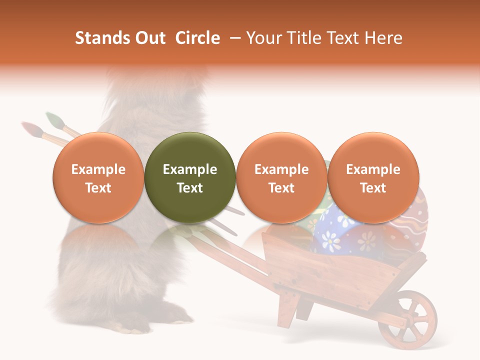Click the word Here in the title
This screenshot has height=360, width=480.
[x=385, y=38]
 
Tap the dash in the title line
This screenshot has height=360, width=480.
[x=235, y=38]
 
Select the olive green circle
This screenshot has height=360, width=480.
[x=190, y=177]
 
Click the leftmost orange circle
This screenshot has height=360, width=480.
[x=98, y=177]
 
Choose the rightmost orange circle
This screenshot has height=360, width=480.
[x=373, y=177]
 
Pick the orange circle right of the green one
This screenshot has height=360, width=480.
[x=281, y=177]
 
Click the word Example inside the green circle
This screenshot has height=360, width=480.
[x=190, y=169]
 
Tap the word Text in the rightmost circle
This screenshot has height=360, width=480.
[x=373, y=188]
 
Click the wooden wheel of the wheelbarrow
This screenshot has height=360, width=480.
[x=407, y=319]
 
